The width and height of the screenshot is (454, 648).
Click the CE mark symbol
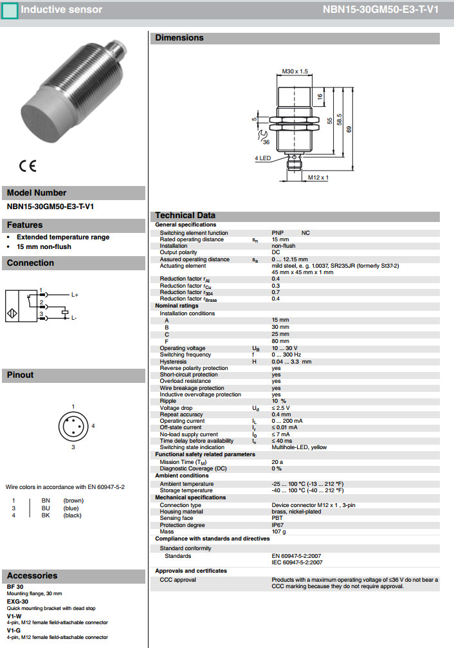(28, 165)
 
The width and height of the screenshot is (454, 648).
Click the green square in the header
(10, 10)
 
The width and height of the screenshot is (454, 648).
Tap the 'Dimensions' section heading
(179, 38)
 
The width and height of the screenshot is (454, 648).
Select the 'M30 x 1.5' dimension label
(295, 71)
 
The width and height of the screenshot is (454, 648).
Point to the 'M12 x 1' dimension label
(318, 177)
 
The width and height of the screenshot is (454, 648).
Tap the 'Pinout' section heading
(21, 375)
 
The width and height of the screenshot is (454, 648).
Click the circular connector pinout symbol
(73, 425)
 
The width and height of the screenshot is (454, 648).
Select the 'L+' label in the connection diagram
(75, 294)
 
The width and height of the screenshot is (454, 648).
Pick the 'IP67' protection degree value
(278, 525)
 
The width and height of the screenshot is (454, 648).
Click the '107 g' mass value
(279, 532)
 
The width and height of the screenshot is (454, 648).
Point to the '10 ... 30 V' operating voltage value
(284, 348)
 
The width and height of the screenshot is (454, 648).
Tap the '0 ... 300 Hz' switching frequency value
(286, 355)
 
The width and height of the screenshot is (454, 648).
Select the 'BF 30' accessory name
(15, 587)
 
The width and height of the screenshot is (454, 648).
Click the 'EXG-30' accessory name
(17, 601)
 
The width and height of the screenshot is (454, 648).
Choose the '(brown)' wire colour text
(73, 500)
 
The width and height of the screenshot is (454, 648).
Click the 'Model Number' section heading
(37, 192)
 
